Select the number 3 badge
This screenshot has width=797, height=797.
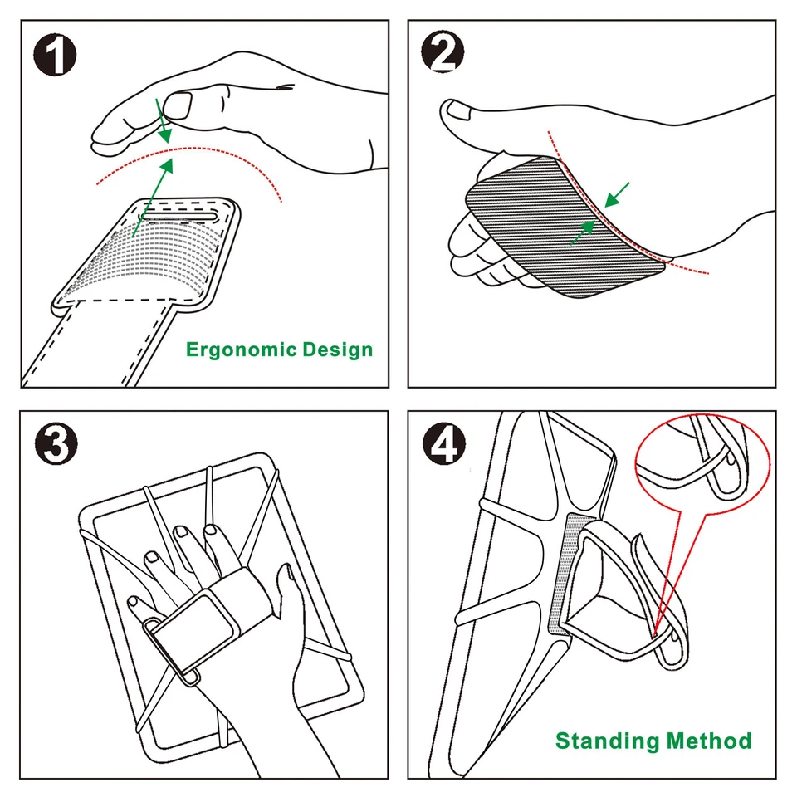[55, 445]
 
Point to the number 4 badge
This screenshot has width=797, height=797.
[443, 445]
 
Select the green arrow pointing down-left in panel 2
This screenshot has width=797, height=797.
[618, 195]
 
